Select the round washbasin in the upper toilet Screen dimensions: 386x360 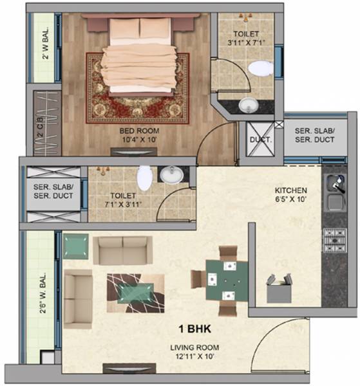[247, 105]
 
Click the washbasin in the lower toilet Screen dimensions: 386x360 [171, 174]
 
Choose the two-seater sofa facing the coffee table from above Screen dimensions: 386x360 [122, 250]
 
